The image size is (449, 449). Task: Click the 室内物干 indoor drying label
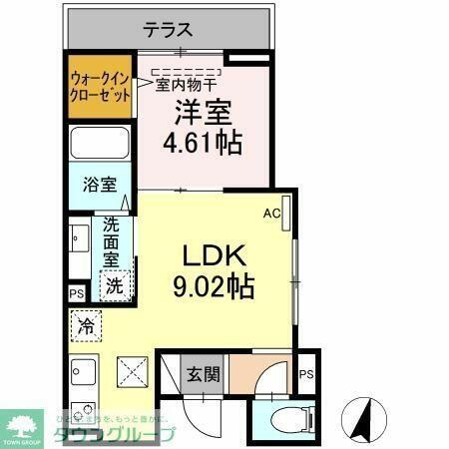187,86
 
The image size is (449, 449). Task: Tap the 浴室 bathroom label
100,185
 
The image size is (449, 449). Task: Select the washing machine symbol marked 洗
117,283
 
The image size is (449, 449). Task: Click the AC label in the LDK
271,212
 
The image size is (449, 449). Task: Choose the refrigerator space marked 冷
86,325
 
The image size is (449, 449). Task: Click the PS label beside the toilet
305,375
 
